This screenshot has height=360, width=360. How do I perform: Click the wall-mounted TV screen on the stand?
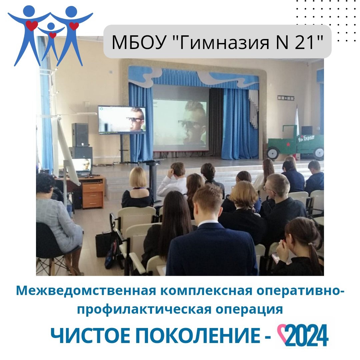tap(122, 120)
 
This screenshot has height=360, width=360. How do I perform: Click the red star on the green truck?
tap(288, 144)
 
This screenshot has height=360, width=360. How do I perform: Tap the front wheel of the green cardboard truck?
tap(273, 153)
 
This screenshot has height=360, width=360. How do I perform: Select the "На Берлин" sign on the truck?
tap(306, 138)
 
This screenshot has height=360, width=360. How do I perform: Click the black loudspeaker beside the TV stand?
tap(80, 135)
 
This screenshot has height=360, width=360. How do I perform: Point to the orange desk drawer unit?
tap(93, 195)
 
